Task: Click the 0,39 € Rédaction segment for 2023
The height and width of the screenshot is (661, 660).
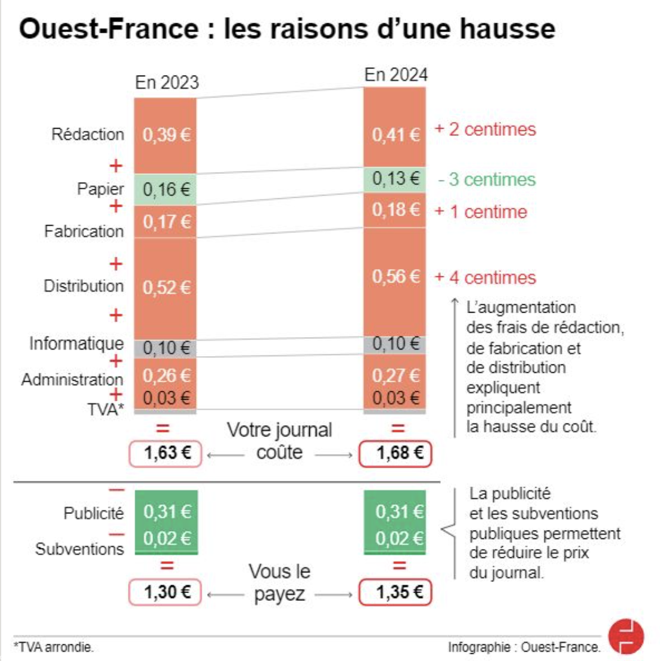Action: point(166,135)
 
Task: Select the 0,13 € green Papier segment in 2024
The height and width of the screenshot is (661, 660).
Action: point(395,179)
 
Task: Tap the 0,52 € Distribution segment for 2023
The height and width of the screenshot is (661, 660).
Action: point(166,288)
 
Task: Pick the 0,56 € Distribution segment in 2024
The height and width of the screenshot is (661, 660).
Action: point(395,277)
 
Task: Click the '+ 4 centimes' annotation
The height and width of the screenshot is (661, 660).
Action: point(485,278)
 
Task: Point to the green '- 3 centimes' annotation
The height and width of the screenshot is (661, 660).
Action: point(487,180)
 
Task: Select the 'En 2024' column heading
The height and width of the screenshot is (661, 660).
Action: point(396,75)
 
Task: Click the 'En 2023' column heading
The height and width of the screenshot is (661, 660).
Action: point(167,82)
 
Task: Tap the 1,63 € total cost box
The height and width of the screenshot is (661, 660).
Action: point(166,454)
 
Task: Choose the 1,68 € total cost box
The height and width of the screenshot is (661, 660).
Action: point(395,454)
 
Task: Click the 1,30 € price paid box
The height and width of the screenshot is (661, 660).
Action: point(166,593)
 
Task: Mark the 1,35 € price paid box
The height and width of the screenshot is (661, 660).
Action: point(395,593)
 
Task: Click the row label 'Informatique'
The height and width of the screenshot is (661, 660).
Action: point(77,344)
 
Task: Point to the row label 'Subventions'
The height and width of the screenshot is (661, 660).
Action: point(79,548)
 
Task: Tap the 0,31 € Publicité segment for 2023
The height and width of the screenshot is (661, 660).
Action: point(166,512)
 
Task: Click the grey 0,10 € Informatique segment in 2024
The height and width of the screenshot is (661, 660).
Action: point(395,344)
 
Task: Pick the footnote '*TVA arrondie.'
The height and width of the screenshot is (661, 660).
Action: point(54,647)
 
